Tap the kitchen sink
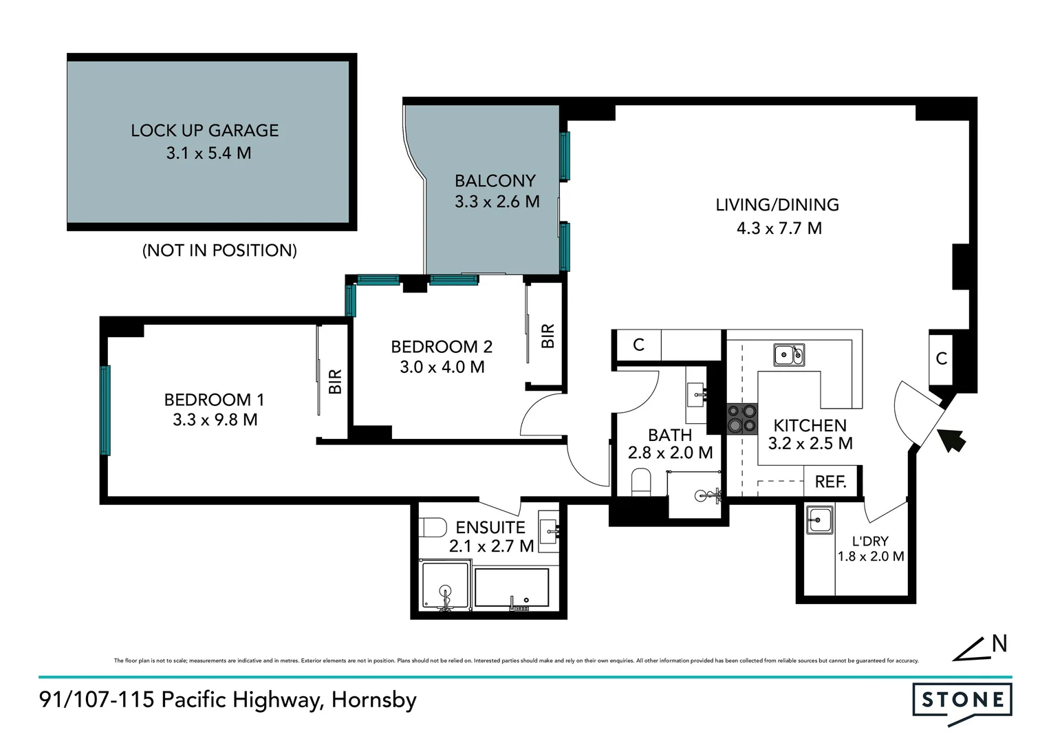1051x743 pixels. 788,355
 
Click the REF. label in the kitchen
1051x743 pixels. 830,482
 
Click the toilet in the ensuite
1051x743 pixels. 433,528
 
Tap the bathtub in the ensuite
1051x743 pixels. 512,588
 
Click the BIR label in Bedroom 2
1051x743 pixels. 548,336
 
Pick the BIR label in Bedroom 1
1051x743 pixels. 335,382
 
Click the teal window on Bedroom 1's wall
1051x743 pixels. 105,410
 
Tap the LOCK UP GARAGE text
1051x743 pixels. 205,131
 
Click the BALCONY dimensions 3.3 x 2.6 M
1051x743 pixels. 497,202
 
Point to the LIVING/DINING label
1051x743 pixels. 777,205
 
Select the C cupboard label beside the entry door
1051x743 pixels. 942,358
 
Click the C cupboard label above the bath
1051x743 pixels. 638,345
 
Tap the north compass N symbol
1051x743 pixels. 999,644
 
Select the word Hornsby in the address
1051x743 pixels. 374,700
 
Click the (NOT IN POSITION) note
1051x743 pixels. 219,250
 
